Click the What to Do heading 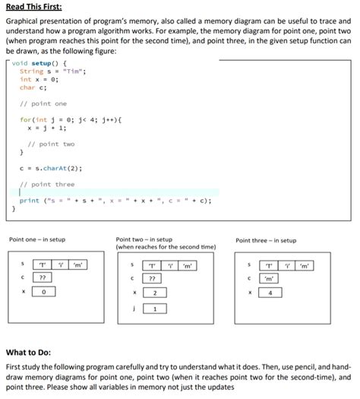point(30,352)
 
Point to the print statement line point(114,201)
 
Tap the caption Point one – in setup point(36,240)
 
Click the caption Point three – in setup point(267,240)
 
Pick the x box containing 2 point(154,292)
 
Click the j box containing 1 point(154,309)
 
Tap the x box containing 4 point(270,292)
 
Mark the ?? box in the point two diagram point(154,278)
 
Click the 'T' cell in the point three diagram point(269,265)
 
